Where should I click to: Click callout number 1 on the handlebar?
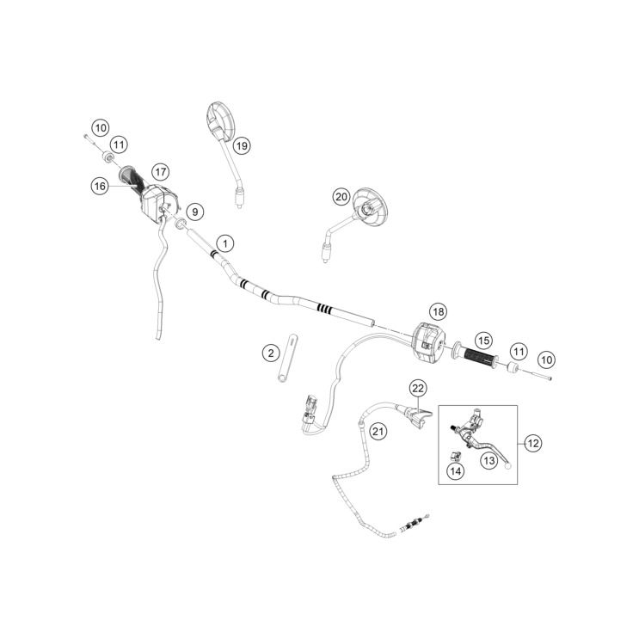click(x=224, y=243)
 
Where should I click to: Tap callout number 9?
click(x=195, y=211)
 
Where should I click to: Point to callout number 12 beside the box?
click(x=533, y=444)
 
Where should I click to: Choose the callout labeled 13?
click(x=489, y=461)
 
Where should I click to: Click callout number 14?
click(x=455, y=470)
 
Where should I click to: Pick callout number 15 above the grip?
click(x=483, y=341)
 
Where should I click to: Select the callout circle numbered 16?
click(x=101, y=185)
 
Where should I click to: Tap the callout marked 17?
click(x=159, y=171)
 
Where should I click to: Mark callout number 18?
click(x=439, y=311)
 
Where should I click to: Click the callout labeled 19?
click(x=241, y=145)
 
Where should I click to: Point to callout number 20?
click(x=341, y=197)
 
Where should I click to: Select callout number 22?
click(x=417, y=389)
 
